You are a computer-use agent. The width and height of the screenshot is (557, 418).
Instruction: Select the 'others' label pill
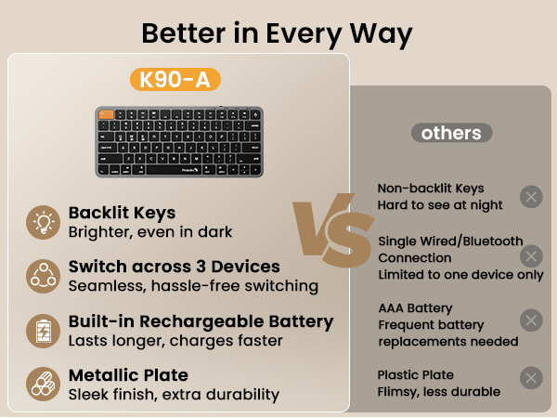(x=451, y=133)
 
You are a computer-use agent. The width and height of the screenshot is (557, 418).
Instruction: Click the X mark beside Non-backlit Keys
(x=531, y=196)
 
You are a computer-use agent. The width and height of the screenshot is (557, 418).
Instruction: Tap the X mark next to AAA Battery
(x=531, y=320)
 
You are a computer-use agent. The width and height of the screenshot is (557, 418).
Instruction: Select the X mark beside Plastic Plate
(x=531, y=377)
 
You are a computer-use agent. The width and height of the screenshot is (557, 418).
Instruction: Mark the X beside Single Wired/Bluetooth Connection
(x=531, y=256)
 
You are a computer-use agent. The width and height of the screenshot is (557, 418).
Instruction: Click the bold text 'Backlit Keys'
(x=122, y=214)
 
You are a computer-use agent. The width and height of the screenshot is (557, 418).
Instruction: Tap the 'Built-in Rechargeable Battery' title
(x=201, y=321)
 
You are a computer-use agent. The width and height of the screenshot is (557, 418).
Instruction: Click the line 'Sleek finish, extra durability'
(x=174, y=394)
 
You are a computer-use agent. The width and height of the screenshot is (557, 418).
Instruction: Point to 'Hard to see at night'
(x=440, y=204)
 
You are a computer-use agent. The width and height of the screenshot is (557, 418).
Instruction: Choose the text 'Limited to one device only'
(x=460, y=275)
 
